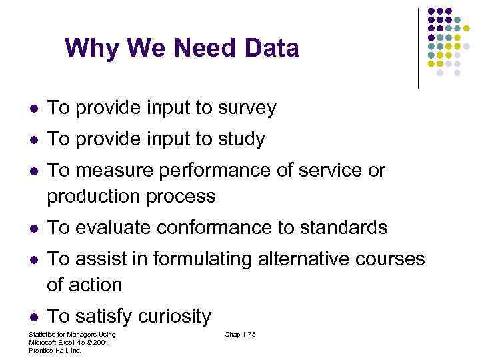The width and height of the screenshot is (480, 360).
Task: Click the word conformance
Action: click(219, 227)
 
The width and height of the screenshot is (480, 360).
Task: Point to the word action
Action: click(96, 285)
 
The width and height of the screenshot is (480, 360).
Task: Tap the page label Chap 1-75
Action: click(240, 334)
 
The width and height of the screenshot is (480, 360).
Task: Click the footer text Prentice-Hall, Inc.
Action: click(55, 350)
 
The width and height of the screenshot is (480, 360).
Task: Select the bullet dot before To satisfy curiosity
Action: click(33, 316)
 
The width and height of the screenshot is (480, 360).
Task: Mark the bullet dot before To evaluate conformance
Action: click(33, 228)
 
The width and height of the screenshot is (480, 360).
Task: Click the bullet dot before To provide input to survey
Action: click(33, 109)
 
